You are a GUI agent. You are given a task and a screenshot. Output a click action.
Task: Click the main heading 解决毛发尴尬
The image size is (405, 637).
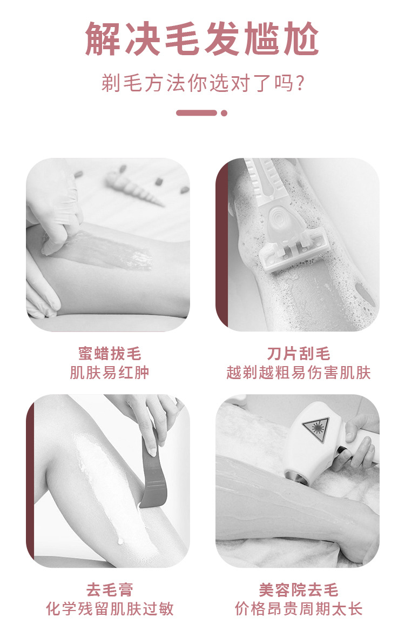(x=202, y=38)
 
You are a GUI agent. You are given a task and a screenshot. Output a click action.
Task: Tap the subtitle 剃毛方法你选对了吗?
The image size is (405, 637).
(x=202, y=84)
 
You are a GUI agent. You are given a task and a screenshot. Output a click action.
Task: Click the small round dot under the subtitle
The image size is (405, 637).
(x=224, y=113)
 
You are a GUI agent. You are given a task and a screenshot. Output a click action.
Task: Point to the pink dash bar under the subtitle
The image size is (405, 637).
(x=197, y=113)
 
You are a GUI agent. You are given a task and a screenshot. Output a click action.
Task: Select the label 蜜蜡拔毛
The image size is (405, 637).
(x=110, y=354)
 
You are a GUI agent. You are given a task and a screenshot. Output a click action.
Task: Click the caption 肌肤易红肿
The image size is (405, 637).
(x=110, y=373)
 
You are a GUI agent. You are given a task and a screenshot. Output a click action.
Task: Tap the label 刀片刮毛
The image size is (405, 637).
(x=298, y=354)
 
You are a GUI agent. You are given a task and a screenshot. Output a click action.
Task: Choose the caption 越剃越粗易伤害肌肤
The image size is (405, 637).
(x=298, y=373)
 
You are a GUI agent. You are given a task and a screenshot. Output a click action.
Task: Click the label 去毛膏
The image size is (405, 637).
(x=110, y=589)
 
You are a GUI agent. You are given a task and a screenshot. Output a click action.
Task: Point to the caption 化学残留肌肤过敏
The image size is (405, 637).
(x=110, y=609)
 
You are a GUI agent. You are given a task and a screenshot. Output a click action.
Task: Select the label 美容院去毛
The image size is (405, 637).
(x=298, y=589)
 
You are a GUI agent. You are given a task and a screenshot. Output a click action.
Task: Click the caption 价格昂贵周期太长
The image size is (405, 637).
(x=298, y=609)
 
